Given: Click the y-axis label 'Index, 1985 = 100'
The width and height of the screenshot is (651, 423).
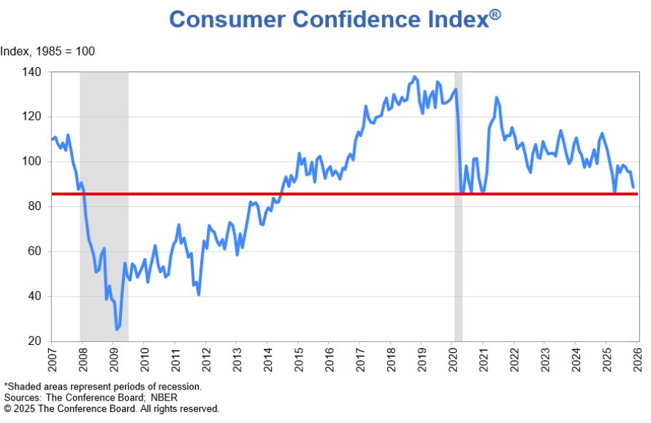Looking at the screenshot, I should coord(47,52).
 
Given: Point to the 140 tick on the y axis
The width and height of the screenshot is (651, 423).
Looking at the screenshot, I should coord(31,72).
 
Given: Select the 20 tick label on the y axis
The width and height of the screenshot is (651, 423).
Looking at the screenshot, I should coord(34,341).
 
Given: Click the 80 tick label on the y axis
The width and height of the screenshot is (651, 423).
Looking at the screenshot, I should coord(34,206).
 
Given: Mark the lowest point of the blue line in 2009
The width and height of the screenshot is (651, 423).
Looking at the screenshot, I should coord(116,330).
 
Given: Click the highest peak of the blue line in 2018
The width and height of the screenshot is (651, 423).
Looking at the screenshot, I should coord(415,77).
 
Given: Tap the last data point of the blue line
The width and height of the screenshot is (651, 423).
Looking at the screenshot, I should coord(633,187).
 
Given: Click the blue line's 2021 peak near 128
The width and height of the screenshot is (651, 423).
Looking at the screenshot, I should coord(496,97).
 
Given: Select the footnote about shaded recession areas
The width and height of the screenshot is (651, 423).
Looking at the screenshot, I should coord(102,386).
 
